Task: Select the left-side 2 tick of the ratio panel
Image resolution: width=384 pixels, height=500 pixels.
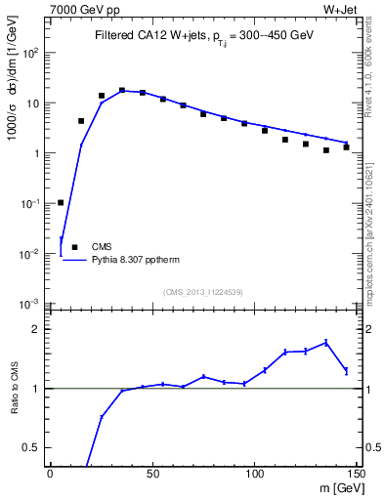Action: point(38,329)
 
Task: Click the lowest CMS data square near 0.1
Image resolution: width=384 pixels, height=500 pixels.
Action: point(61,202)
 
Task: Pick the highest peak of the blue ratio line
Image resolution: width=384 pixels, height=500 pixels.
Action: point(326,342)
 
